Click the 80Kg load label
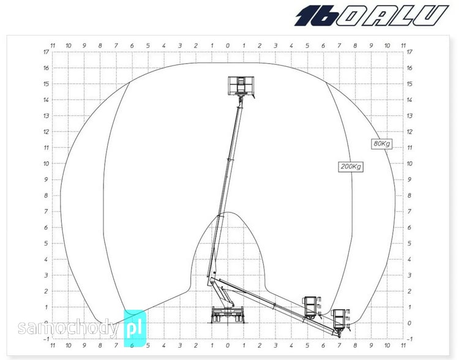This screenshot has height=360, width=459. [x=382, y=143]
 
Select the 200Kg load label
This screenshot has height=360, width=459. [x=351, y=167]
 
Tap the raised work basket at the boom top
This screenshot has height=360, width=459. [x=241, y=86]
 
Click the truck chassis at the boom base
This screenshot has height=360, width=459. [x=228, y=315]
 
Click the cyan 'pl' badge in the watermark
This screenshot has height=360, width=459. [x=135, y=328]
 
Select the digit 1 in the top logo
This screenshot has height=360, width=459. [x=305, y=16]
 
